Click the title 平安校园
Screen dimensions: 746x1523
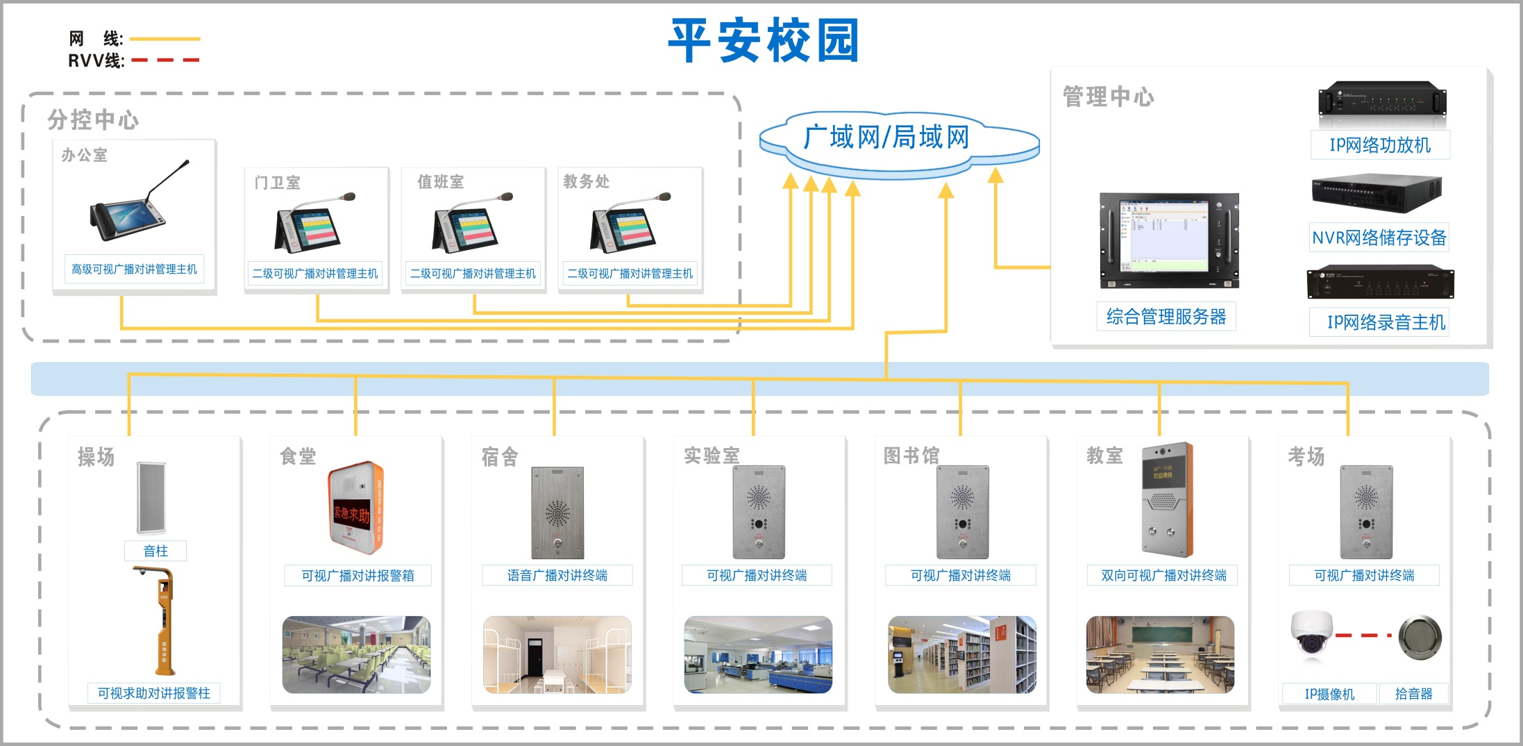(x=764, y=40)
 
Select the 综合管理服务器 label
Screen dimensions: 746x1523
(x=1166, y=317)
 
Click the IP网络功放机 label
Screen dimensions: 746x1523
(x=1380, y=145)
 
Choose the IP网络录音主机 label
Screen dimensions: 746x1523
(x=1386, y=322)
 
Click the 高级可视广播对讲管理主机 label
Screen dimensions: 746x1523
(x=134, y=269)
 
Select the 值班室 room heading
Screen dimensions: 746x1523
(x=440, y=182)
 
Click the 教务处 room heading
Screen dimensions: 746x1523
(x=586, y=182)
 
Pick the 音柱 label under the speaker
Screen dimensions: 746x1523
(x=155, y=551)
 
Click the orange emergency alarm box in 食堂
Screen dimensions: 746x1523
(x=355, y=507)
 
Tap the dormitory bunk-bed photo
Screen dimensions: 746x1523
(x=557, y=654)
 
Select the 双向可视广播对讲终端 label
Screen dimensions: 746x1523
(x=1163, y=575)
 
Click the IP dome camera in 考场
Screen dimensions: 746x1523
(x=1311, y=633)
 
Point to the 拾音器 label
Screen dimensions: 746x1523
(x=1413, y=693)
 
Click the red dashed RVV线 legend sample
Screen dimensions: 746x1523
(x=165, y=60)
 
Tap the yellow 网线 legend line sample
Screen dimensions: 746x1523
(x=165, y=39)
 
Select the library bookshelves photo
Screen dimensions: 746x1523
(x=961, y=654)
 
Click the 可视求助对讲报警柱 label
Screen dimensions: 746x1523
(x=153, y=693)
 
